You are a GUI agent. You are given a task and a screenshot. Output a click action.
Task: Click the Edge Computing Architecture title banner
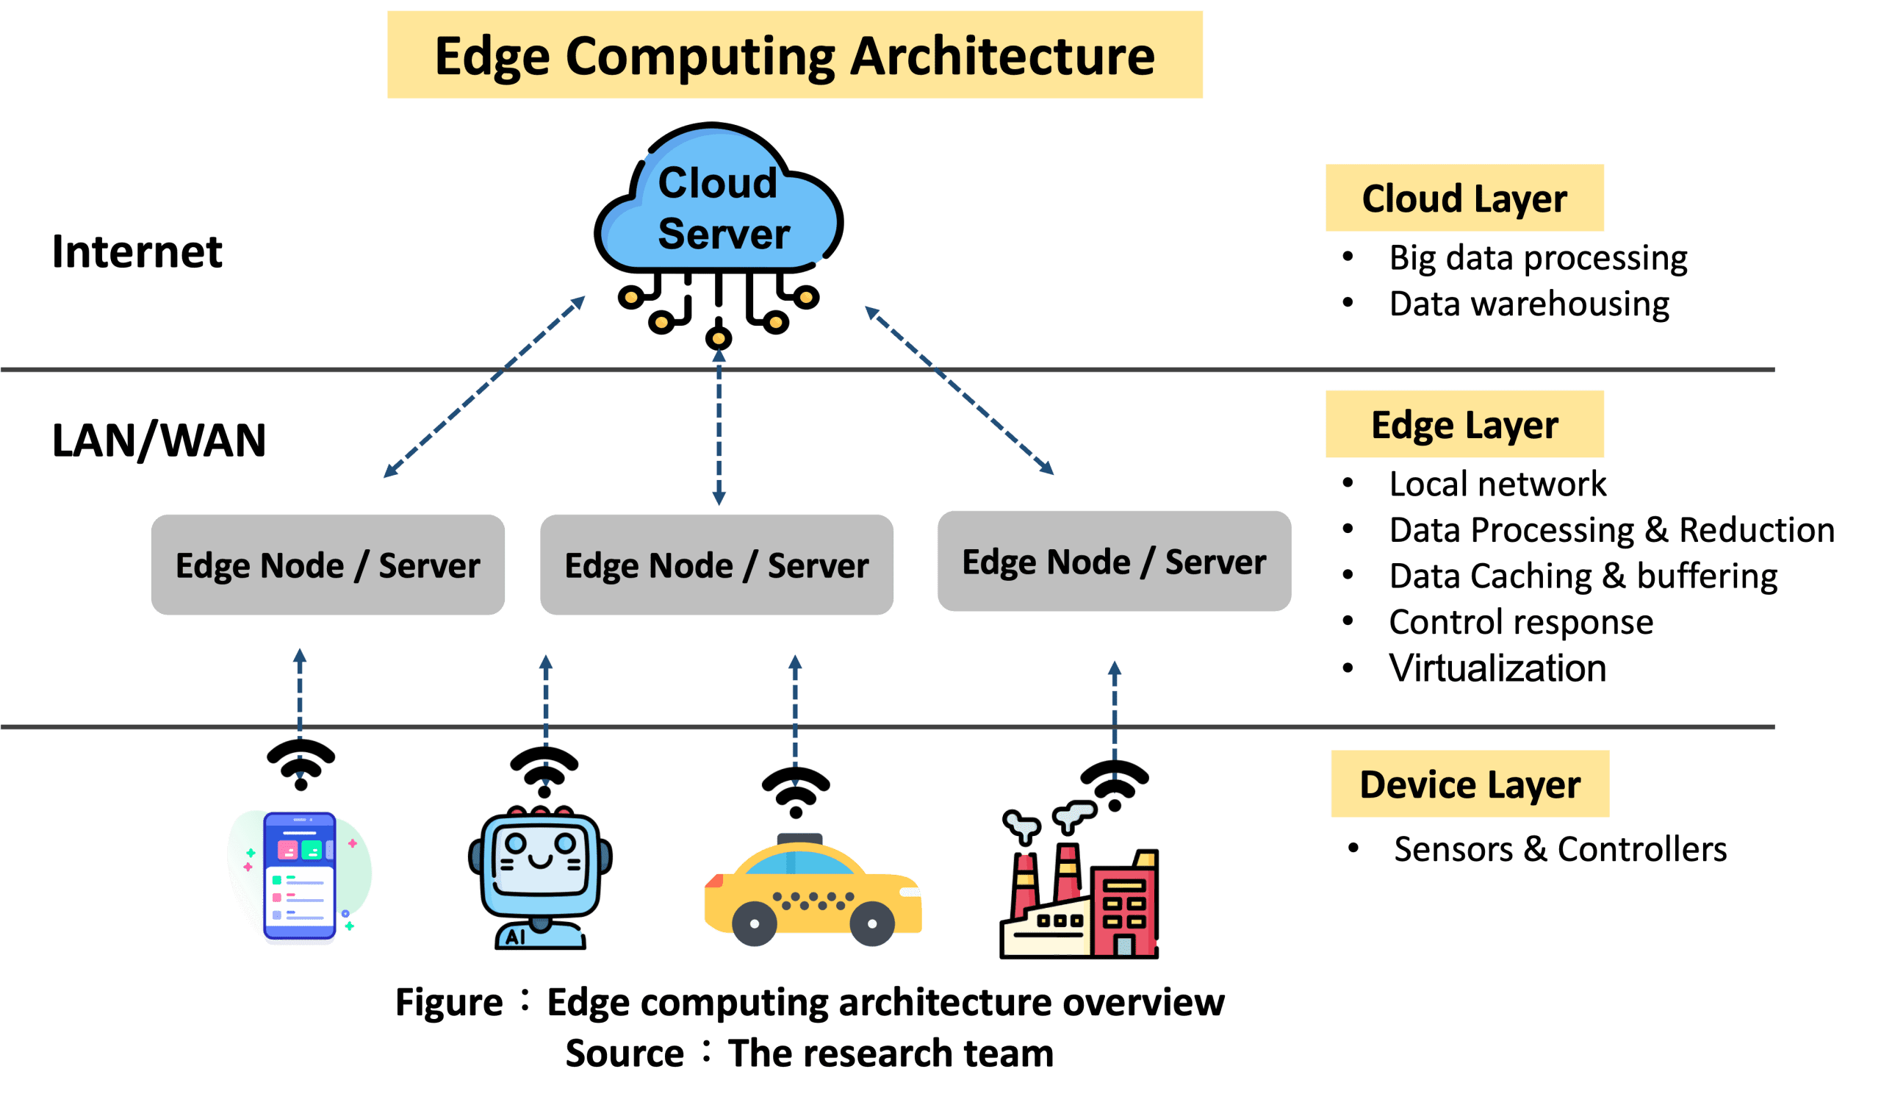(794, 54)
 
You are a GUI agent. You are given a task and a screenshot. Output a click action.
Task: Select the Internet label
(137, 251)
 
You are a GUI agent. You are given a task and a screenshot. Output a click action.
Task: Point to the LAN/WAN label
(159, 440)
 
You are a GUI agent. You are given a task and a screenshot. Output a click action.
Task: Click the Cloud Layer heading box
(1464, 198)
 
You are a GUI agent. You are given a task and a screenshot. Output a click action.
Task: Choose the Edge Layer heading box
(1464, 424)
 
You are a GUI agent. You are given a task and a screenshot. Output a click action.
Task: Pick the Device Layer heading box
(1469, 784)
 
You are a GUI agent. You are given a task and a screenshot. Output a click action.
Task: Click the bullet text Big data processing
(1537, 257)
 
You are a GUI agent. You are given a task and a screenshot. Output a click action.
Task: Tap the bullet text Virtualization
(1497, 668)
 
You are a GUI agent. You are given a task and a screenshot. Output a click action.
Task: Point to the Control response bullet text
(1520, 622)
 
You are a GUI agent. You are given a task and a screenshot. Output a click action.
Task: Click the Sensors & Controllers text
(1559, 849)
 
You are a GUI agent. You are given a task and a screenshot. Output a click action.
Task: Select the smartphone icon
(299, 877)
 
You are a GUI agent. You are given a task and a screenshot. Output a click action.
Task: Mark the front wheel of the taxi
(873, 923)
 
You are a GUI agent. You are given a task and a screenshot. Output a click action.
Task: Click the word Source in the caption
(624, 1054)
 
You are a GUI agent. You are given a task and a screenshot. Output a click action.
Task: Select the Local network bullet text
(1497, 484)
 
